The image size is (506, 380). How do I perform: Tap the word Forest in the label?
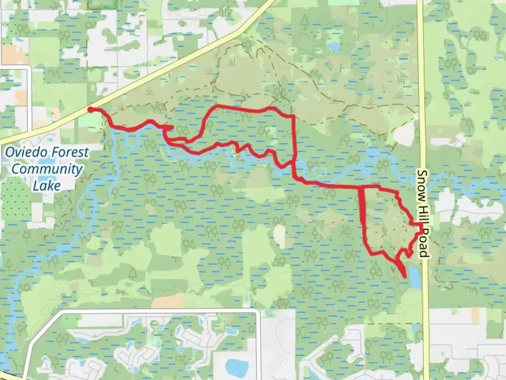click(x=69, y=152)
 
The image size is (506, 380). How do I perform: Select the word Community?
click(x=47, y=169)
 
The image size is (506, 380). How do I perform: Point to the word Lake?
click(x=47, y=185)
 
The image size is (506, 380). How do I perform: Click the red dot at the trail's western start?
click(x=90, y=109)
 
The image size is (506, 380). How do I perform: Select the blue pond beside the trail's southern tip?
click(x=415, y=276)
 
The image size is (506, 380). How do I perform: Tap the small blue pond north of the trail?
click(x=333, y=46)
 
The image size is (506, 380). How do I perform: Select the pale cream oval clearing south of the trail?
click(x=279, y=235)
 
